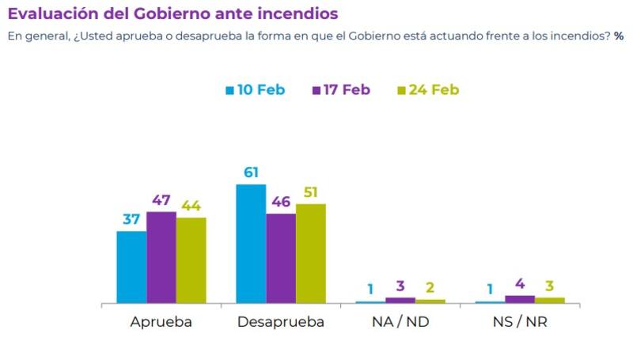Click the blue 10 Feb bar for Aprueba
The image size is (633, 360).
131,267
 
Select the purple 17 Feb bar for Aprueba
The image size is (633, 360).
161,257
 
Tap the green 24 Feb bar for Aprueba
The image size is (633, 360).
191,260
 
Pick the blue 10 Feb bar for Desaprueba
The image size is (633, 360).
251,244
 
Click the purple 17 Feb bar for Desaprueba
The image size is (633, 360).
281,258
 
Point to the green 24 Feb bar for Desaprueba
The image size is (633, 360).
311,253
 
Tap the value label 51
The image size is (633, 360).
312,192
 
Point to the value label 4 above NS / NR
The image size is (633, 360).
521,283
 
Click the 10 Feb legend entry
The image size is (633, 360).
255,89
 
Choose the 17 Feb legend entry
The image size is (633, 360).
341,89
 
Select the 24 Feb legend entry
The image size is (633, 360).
428,89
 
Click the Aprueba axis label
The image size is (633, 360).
161,323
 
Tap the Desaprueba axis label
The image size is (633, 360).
281,323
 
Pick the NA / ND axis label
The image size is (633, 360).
400,323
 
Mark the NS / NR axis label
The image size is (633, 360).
521,323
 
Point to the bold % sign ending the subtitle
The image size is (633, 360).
619,36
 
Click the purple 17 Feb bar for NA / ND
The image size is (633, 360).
400,300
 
